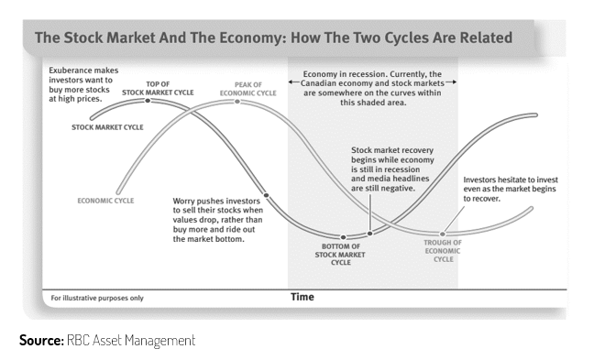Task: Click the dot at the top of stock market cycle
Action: pyautogui.click(x=148, y=101)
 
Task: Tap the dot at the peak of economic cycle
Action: pyautogui.click(x=237, y=102)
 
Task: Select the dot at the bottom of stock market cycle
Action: pyautogui.click(x=343, y=237)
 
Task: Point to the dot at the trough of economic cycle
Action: pyautogui.click(x=442, y=235)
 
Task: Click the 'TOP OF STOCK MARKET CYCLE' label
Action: pyautogui.click(x=158, y=88)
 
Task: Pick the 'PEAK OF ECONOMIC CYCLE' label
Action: pyautogui.click(x=248, y=89)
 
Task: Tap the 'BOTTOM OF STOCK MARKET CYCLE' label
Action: pyautogui.click(x=340, y=255)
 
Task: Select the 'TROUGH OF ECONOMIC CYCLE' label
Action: pyautogui.click(x=443, y=251)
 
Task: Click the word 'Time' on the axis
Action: pyautogui.click(x=302, y=297)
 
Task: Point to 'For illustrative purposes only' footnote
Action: pyautogui.click(x=97, y=298)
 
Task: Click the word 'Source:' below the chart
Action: pyautogui.click(x=41, y=340)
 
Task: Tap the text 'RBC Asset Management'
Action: pyautogui.click(x=131, y=341)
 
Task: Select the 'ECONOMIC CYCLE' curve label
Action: pyautogui.click(x=105, y=201)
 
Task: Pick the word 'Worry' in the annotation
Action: pyautogui.click(x=183, y=202)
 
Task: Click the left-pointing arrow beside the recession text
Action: pyautogui.click(x=294, y=82)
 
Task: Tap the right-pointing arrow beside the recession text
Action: pyautogui.click(x=451, y=82)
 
